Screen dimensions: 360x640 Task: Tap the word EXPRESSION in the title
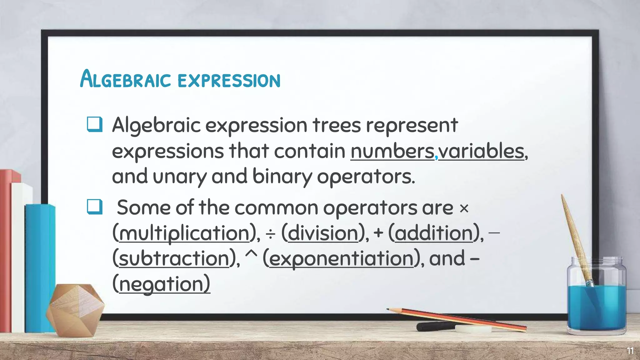229,81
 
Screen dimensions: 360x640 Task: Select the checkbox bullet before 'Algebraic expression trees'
94,124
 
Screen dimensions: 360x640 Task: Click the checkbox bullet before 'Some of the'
94,207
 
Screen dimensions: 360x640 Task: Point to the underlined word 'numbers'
392,151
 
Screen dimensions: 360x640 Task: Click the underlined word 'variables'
481,151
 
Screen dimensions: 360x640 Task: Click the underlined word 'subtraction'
174,259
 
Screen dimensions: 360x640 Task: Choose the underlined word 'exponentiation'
341,259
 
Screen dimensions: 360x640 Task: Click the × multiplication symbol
464,208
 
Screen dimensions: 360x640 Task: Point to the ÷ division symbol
271,234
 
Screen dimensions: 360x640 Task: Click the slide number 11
630,351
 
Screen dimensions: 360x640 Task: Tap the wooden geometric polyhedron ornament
75,309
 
